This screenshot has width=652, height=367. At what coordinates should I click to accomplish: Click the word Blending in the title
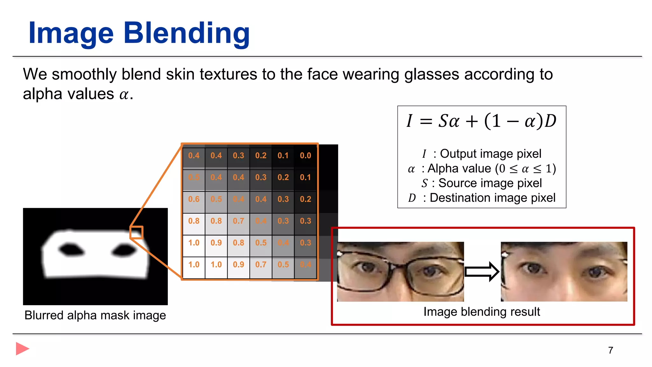coord(187,33)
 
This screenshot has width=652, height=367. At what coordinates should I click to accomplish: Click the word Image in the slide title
coord(71,33)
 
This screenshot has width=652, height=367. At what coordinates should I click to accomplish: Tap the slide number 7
coord(610,350)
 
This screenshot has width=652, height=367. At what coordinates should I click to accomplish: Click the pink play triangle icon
coord(22,349)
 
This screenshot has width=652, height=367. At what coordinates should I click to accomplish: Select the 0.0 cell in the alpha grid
coord(305,155)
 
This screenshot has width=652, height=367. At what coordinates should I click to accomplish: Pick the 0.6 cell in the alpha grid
coord(194,199)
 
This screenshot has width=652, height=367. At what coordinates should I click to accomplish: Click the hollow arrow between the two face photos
coord(482,272)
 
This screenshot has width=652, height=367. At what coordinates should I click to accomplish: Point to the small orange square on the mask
coord(136,233)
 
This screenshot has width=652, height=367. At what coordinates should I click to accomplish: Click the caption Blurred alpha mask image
coord(95,315)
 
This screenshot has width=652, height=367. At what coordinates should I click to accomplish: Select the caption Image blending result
coord(481,312)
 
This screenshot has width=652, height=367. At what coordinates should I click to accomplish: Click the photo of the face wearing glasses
coord(400,271)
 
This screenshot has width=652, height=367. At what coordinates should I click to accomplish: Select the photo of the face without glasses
coord(564,271)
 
